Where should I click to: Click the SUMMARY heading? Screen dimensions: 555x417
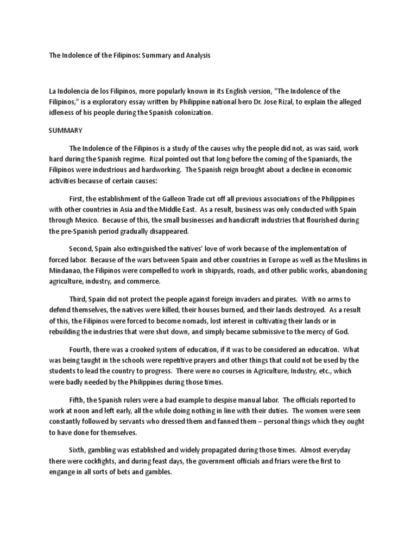(65, 131)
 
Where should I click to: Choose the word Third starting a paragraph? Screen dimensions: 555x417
(79, 299)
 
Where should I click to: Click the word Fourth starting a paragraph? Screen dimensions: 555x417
(81, 350)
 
